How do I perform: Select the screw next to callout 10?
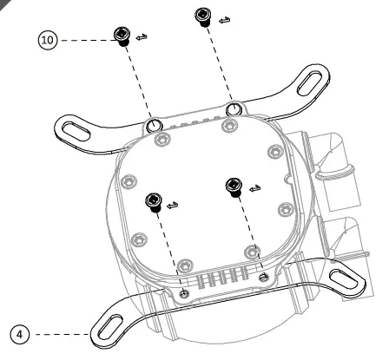point(121,35)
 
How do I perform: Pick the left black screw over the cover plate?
point(153,200)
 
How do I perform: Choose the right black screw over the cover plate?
point(232,185)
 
